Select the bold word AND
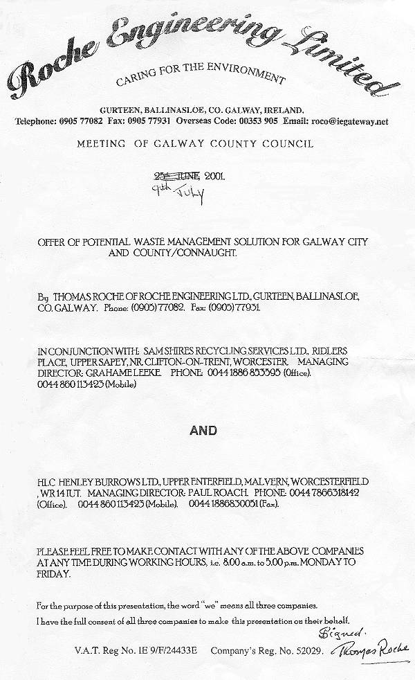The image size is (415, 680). pos(203,431)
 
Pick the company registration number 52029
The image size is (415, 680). pos(298,651)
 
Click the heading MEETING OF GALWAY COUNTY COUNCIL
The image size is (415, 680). pos(194,144)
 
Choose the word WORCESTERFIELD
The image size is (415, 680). pos(331,481)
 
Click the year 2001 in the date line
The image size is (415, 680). pos(214,176)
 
